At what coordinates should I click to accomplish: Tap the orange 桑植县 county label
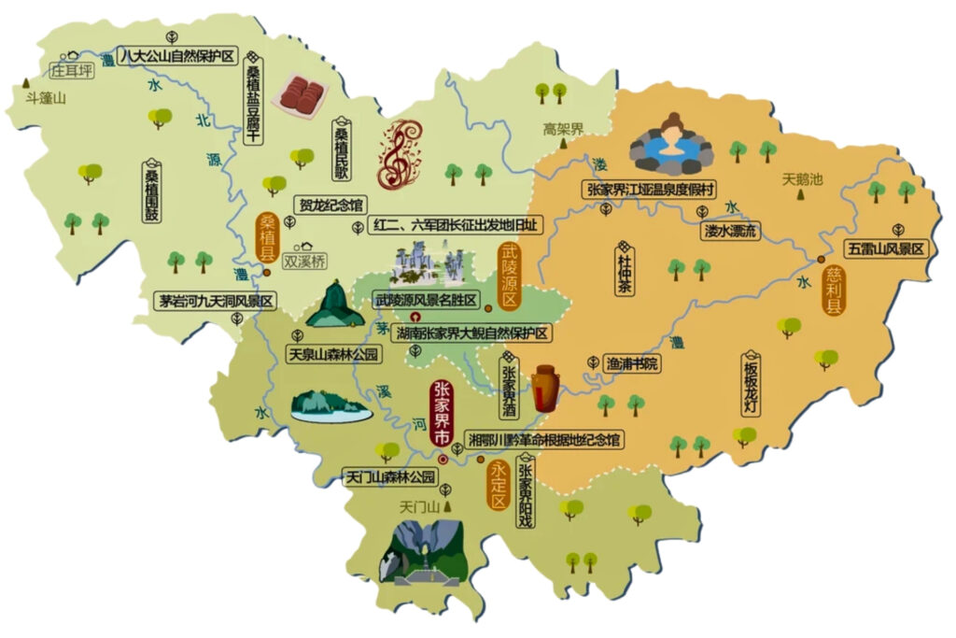[x=268, y=236]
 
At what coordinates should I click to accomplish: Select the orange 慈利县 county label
[x=834, y=291]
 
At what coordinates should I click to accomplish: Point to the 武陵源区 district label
[x=509, y=277]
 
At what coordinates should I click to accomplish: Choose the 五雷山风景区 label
[x=887, y=248]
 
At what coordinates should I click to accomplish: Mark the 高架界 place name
[x=564, y=129]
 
